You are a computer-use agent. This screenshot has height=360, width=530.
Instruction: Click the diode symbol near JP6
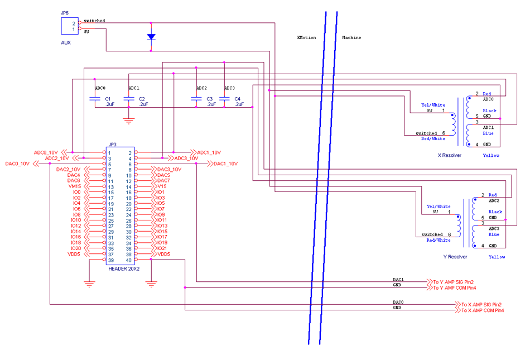[x=151, y=37]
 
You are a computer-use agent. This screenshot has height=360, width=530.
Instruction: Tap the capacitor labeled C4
[x=224, y=99]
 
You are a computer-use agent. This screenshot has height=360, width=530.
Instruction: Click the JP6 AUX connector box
[x=69, y=26]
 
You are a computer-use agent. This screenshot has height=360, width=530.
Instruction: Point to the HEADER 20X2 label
[x=123, y=268]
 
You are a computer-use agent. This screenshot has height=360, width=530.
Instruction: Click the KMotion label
[x=306, y=37]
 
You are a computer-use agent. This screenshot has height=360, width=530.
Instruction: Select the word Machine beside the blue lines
[x=351, y=37]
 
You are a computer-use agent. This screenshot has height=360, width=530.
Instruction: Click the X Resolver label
[x=449, y=155]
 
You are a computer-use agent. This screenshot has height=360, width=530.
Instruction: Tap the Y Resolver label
[x=455, y=257]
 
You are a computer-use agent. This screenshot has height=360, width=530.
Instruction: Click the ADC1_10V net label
[x=209, y=152]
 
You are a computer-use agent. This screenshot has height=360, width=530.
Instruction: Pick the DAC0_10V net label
[x=17, y=164]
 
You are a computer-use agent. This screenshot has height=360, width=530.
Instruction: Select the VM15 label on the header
[x=75, y=186]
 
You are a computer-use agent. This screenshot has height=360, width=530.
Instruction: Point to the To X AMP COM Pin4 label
[x=483, y=310]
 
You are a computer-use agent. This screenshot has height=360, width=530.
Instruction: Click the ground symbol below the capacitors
[x=129, y=120]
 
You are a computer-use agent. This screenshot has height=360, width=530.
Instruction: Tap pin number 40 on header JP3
[x=129, y=260]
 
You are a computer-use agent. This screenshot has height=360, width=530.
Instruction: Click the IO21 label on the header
[x=162, y=248]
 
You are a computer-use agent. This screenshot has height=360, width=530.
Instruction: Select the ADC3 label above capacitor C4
[x=229, y=88]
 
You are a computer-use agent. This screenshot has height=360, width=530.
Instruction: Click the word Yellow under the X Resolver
[x=491, y=155]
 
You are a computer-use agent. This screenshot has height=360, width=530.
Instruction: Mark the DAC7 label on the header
[x=163, y=181]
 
